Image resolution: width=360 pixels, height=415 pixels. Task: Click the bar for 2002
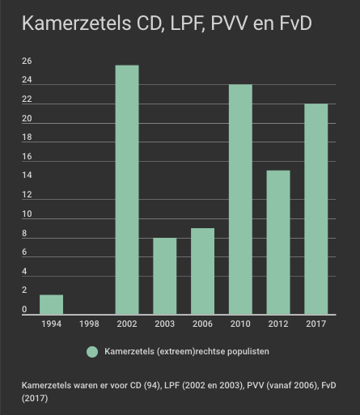click(x=127, y=189)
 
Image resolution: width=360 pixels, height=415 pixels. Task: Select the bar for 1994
click(x=51, y=304)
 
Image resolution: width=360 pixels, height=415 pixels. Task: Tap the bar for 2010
click(x=240, y=199)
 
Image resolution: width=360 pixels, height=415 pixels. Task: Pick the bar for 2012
click(x=278, y=243)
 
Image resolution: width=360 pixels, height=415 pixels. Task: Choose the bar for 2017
click(x=316, y=209)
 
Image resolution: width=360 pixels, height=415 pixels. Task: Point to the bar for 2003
click(x=165, y=276)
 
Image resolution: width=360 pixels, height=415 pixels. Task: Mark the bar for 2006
click(x=202, y=271)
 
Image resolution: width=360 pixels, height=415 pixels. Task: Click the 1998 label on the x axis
click(x=89, y=324)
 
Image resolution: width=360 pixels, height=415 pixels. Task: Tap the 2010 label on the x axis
click(x=240, y=324)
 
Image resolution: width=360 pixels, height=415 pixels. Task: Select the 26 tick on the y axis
click(x=27, y=61)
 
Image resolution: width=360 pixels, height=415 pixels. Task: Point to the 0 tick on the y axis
click(x=24, y=309)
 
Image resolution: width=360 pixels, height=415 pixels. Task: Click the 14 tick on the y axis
click(x=27, y=176)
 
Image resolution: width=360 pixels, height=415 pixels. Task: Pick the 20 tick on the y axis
click(x=27, y=118)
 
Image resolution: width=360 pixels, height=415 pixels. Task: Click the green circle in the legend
click(x=92, y=352)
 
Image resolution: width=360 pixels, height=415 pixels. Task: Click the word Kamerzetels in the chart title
click(x=77, y=23)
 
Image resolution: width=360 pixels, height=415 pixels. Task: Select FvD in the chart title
click(x=296, y=23)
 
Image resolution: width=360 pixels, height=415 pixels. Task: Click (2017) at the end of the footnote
click(x=35, y=398)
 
